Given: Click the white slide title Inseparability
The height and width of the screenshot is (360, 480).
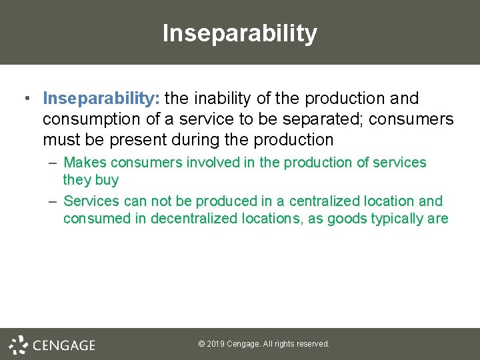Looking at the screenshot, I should point(240,33).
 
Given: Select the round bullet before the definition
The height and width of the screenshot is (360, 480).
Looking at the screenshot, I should point(25,99).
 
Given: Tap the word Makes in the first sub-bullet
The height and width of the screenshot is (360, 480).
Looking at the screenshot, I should point(85,163).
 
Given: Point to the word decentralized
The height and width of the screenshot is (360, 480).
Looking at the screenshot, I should point(187,219).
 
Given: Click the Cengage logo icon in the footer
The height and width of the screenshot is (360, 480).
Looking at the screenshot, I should point(18,344).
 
